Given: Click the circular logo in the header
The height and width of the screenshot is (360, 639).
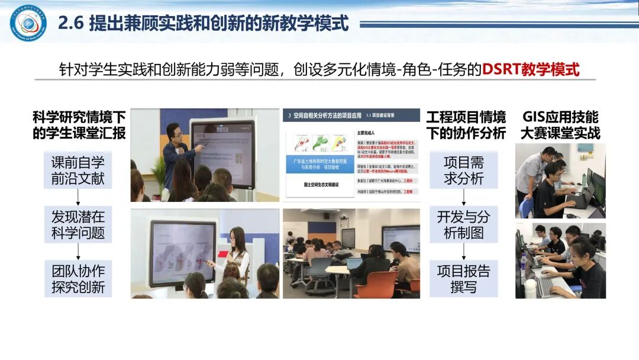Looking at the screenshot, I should pos(28,23).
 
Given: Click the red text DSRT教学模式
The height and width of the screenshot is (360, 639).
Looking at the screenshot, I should pos(530,69).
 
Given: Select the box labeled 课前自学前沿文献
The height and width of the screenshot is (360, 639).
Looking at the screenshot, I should pos(78,170).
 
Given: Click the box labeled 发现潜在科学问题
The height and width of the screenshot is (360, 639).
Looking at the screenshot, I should pos(78,224).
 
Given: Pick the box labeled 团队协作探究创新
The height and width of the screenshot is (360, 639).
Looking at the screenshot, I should pos(78,279).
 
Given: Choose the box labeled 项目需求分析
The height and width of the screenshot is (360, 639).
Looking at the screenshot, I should pos(463,170).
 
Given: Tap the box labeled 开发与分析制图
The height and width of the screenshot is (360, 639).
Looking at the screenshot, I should pos(463,224).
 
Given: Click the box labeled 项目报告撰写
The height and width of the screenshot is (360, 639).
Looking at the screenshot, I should pos(463,279).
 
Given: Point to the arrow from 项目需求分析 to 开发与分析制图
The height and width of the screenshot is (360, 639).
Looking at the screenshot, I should pos(463,197).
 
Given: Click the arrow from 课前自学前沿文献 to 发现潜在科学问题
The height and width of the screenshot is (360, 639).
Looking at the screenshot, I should pos(78,197).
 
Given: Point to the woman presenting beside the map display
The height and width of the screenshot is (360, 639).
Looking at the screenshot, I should pos(237,252).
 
